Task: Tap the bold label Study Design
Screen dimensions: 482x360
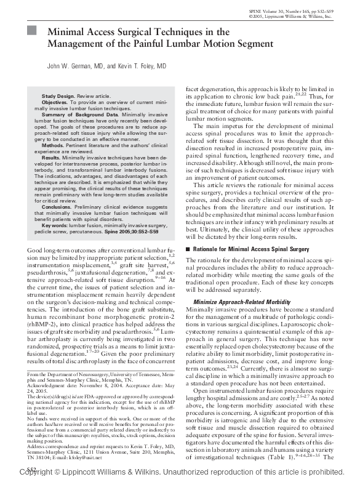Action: (x=57, y=97)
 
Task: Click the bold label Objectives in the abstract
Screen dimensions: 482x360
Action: (x=55, y=103)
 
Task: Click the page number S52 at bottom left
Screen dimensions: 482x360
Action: (x=32, y=470)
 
